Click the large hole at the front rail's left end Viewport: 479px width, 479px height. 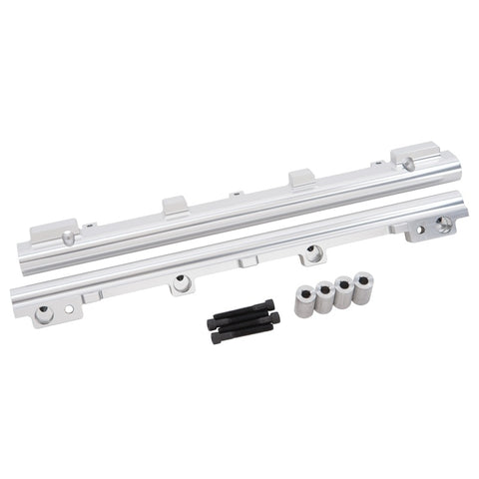44,315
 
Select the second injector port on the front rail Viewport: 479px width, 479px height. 181,284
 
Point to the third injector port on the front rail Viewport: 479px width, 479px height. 313,254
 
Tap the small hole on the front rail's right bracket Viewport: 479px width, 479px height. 419,230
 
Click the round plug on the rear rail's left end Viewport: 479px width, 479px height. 68,238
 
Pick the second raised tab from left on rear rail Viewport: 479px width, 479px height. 175,206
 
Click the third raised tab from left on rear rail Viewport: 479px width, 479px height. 302,180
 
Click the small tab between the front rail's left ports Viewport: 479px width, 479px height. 92,296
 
